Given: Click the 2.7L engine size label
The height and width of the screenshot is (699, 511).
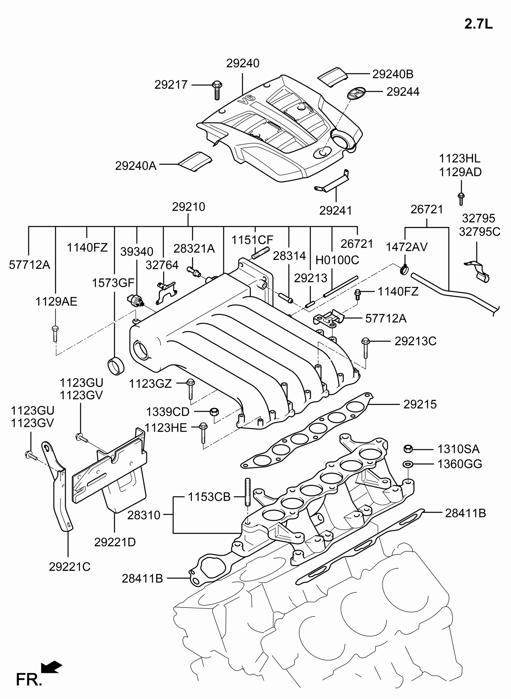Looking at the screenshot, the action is [478, 24].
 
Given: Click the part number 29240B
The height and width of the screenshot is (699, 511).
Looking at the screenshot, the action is [393, 74].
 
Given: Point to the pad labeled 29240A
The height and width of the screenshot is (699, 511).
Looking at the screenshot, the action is [196, 162].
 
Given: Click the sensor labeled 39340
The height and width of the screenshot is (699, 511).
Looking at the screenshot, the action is [136, 299].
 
